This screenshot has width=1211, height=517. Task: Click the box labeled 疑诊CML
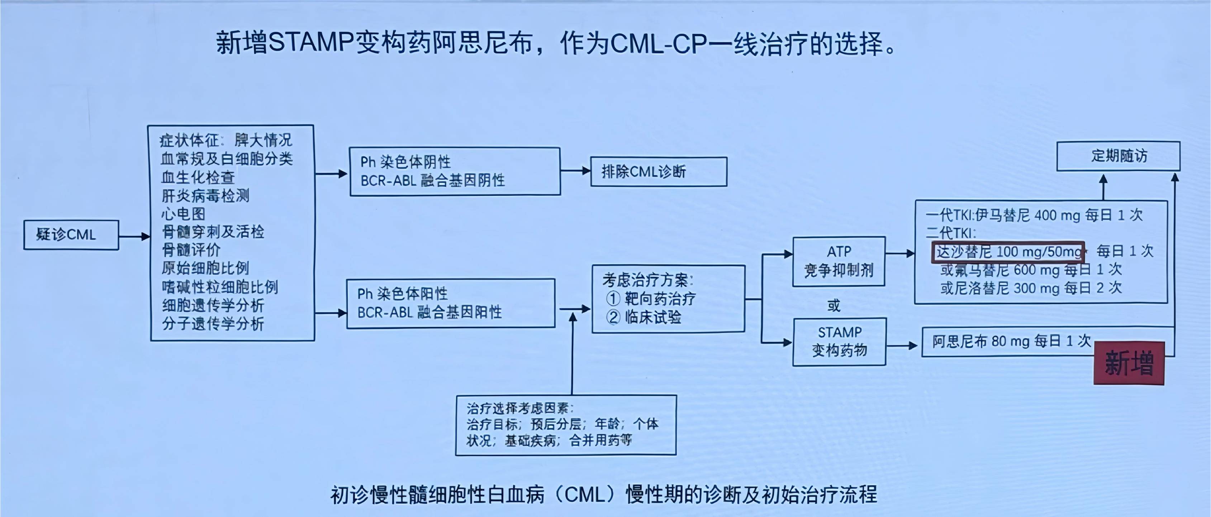(x=71, y=235)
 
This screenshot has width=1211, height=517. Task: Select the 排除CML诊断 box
(x=658, y=172)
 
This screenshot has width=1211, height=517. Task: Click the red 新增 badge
(x=1129, y=363)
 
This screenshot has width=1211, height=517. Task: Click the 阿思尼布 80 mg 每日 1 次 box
(x=1011, y=341)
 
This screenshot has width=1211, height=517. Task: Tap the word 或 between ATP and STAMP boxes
(x=834, y=306)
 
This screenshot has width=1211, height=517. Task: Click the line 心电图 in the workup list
(x=183, y=214)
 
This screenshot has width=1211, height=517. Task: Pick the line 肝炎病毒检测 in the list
(x=205, y=195)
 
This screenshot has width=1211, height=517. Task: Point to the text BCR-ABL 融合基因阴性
(x=432, y=181)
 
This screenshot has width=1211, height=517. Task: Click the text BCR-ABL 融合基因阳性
(x=429, y=313)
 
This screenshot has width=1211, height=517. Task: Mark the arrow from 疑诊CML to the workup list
(x=134, y=236)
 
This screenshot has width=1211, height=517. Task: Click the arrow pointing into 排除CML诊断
(x=575, y=171)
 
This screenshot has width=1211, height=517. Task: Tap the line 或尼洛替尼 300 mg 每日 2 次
(x=1031, y=288)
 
